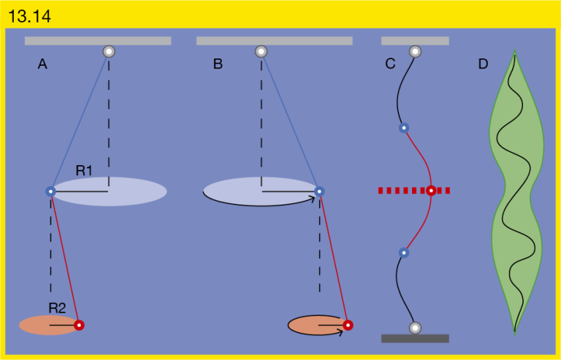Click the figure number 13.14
29,17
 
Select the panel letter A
42,64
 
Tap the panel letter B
218,64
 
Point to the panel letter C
390,64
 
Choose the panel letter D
484,64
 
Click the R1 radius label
84,171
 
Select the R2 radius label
57,308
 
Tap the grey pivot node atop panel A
109,51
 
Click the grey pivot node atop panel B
262,51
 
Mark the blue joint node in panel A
51,191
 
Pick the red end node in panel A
79,326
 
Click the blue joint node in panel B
319,191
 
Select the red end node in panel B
348,326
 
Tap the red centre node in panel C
432,191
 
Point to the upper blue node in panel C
404,128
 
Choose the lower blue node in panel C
404,253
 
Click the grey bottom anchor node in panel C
415,327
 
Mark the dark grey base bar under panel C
415,339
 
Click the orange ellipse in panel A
50,326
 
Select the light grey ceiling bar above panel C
415,41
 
